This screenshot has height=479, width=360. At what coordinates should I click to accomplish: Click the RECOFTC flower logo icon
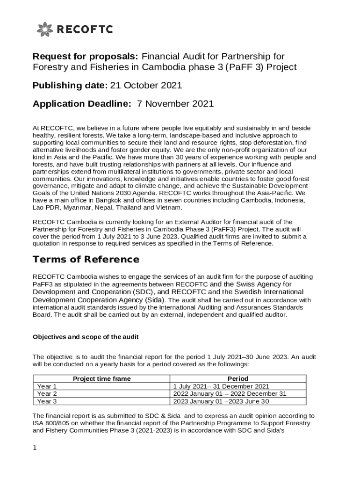point(45,29)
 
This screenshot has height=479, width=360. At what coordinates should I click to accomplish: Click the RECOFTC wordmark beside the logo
point(85,30)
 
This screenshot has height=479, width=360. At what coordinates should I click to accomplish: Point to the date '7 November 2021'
point(175,103)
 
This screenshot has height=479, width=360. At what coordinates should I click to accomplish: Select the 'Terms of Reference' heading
point(86,259)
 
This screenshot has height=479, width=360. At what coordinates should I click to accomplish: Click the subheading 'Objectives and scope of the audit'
point(86,337)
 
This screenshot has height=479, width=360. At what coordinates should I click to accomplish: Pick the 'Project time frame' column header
point(102,378)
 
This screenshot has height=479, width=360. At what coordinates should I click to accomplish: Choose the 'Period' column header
point(238,378)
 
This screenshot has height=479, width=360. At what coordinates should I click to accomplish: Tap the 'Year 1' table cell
point(47,386)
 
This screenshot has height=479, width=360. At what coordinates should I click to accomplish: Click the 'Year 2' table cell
point(47,394)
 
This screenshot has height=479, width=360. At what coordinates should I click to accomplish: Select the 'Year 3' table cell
point(47,401)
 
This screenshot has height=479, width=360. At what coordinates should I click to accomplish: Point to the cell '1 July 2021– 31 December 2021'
point(221,386)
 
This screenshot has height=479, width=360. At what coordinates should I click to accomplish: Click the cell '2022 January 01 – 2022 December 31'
point(230,394)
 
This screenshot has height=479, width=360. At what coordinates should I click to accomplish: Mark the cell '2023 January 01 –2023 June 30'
point(221,401)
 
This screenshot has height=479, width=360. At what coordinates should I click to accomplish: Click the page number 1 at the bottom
point(35,448)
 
